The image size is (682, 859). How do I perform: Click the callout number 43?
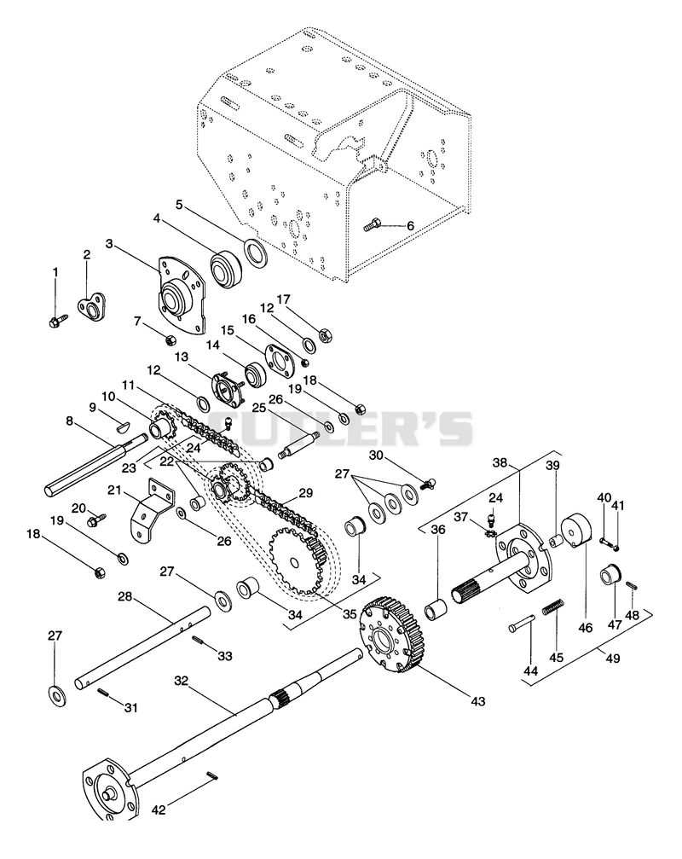(x=478, y=701)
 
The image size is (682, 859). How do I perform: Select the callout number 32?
(x=182, y=681)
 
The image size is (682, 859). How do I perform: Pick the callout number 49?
(x=613, y=658)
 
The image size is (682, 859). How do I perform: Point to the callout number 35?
(x=350, y=613)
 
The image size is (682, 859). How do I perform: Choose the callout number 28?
(x=125, y=596)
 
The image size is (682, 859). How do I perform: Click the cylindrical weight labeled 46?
(x=576, y=531)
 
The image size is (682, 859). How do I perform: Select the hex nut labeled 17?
(x=323, y=334)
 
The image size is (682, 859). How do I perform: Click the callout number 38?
(x=500, y=461)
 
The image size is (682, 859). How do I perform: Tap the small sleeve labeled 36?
(x=436, y=610)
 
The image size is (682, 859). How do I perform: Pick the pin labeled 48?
(x=631, y=586)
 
